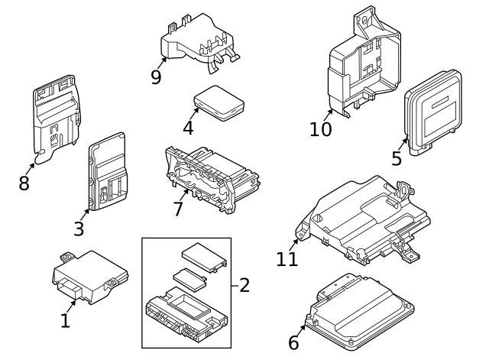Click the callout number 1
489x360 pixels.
pos(65,321)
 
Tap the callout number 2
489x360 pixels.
pos(244,285)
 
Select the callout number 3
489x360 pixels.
pos(79,228)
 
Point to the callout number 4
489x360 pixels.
pos(188,128)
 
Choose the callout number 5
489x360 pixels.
pos(397,158)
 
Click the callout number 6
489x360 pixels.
pos(294,343)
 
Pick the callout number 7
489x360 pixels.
pos(178,208)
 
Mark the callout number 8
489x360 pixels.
pos(24,183)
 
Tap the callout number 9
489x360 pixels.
pos(156,77)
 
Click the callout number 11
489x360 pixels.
pos(287,258)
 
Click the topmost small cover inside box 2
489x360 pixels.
pos(203,255)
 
